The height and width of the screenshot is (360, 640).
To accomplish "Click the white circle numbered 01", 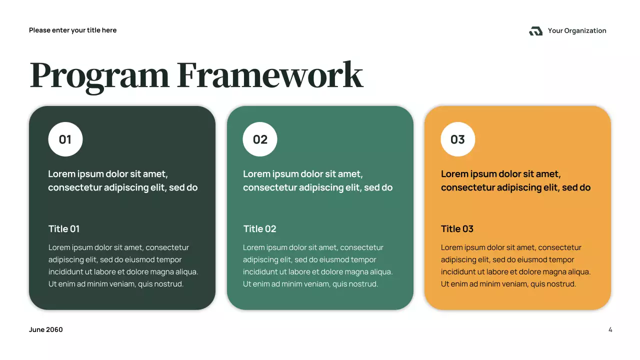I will click(x=65, y=139).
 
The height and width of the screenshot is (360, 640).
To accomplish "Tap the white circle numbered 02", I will click(x=260, y=139).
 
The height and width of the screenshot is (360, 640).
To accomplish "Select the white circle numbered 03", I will click(x=457, y=139).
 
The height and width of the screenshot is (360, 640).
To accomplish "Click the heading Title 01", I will click(x=64, y=229).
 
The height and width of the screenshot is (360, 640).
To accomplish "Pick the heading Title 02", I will click(x=259, y=229).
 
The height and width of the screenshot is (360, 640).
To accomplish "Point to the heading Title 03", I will click(x=457, y=229).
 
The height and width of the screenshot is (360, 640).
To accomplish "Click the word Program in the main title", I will click(x=99, y=76).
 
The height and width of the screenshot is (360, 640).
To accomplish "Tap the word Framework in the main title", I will click(x=270, y=76).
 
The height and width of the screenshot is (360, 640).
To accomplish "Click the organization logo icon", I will click(x=535, y=31).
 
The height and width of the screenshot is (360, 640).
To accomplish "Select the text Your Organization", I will click(x=577, y=31).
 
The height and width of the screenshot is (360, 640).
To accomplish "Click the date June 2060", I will click(x=46, y=330).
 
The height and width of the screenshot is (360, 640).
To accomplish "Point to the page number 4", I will click(x=610, y=330).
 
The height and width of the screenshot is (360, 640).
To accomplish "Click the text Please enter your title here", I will click(x=72, y=30).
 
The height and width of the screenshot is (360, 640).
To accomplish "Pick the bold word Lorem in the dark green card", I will click(x=61, y=174).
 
